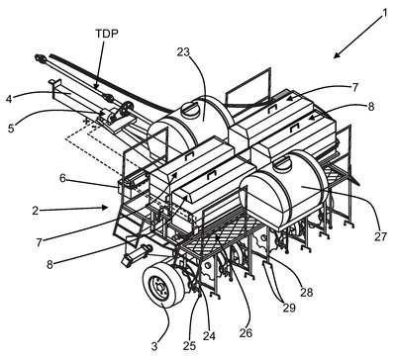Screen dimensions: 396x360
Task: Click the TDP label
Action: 107,34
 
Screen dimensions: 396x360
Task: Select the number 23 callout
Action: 183,52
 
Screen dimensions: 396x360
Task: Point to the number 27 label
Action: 380,236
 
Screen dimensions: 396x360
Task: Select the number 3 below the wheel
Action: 154,346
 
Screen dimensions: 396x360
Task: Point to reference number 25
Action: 189,346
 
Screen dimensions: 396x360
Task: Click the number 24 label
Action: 209,336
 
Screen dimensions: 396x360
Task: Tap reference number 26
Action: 246,332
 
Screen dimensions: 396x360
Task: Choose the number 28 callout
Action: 306,292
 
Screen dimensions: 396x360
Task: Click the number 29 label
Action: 288,308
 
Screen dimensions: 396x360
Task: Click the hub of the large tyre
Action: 160,289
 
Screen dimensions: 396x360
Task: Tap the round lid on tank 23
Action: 190,109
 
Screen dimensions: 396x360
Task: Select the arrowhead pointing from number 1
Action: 337,54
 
